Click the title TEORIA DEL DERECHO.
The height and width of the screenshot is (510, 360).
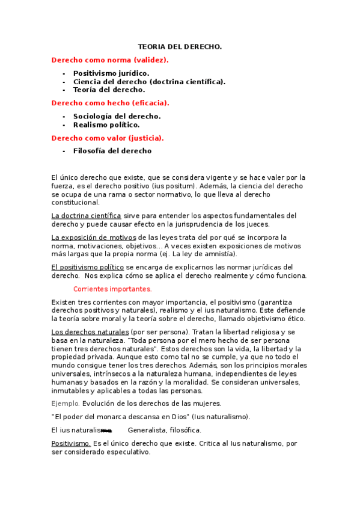point(180,46)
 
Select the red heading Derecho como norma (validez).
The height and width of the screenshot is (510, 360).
point(110,60)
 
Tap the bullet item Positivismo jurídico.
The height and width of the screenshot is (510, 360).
point(111,73)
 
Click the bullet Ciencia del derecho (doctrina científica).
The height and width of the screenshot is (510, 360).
point(150,81)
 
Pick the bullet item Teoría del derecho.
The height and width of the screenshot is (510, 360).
point(109,90)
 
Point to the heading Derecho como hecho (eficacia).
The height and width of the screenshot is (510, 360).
point(111,103)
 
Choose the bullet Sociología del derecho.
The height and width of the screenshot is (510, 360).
point(117,116)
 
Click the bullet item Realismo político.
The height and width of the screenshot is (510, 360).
point(106,124)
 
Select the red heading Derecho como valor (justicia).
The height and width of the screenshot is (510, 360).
point(108,138)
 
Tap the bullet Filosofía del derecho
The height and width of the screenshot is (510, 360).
point(112,151)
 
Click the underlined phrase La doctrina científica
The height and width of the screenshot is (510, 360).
point(87,215)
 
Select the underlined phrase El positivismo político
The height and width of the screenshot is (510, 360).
point(88,267)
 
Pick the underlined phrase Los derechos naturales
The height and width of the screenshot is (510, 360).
point(90,332)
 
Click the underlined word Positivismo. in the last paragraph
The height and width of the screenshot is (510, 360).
point(71,444)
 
